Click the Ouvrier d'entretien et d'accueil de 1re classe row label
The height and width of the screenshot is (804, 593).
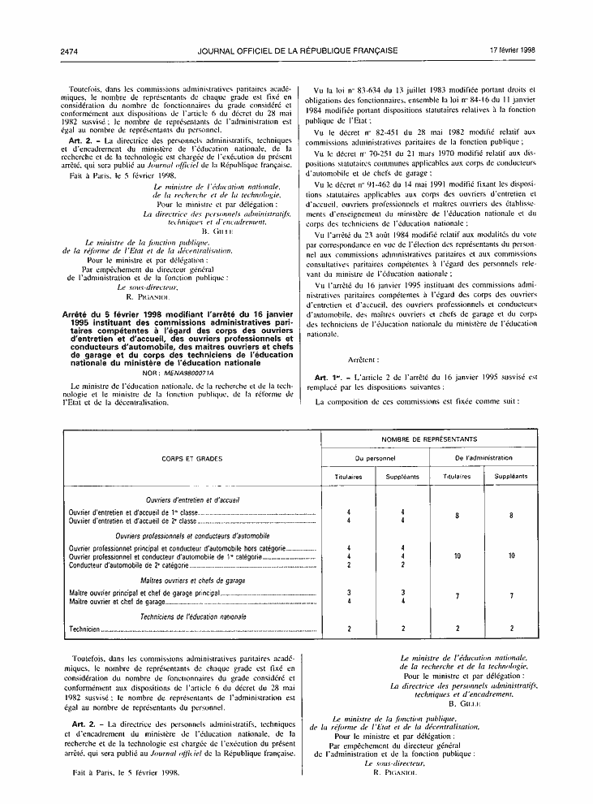point(134,512)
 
